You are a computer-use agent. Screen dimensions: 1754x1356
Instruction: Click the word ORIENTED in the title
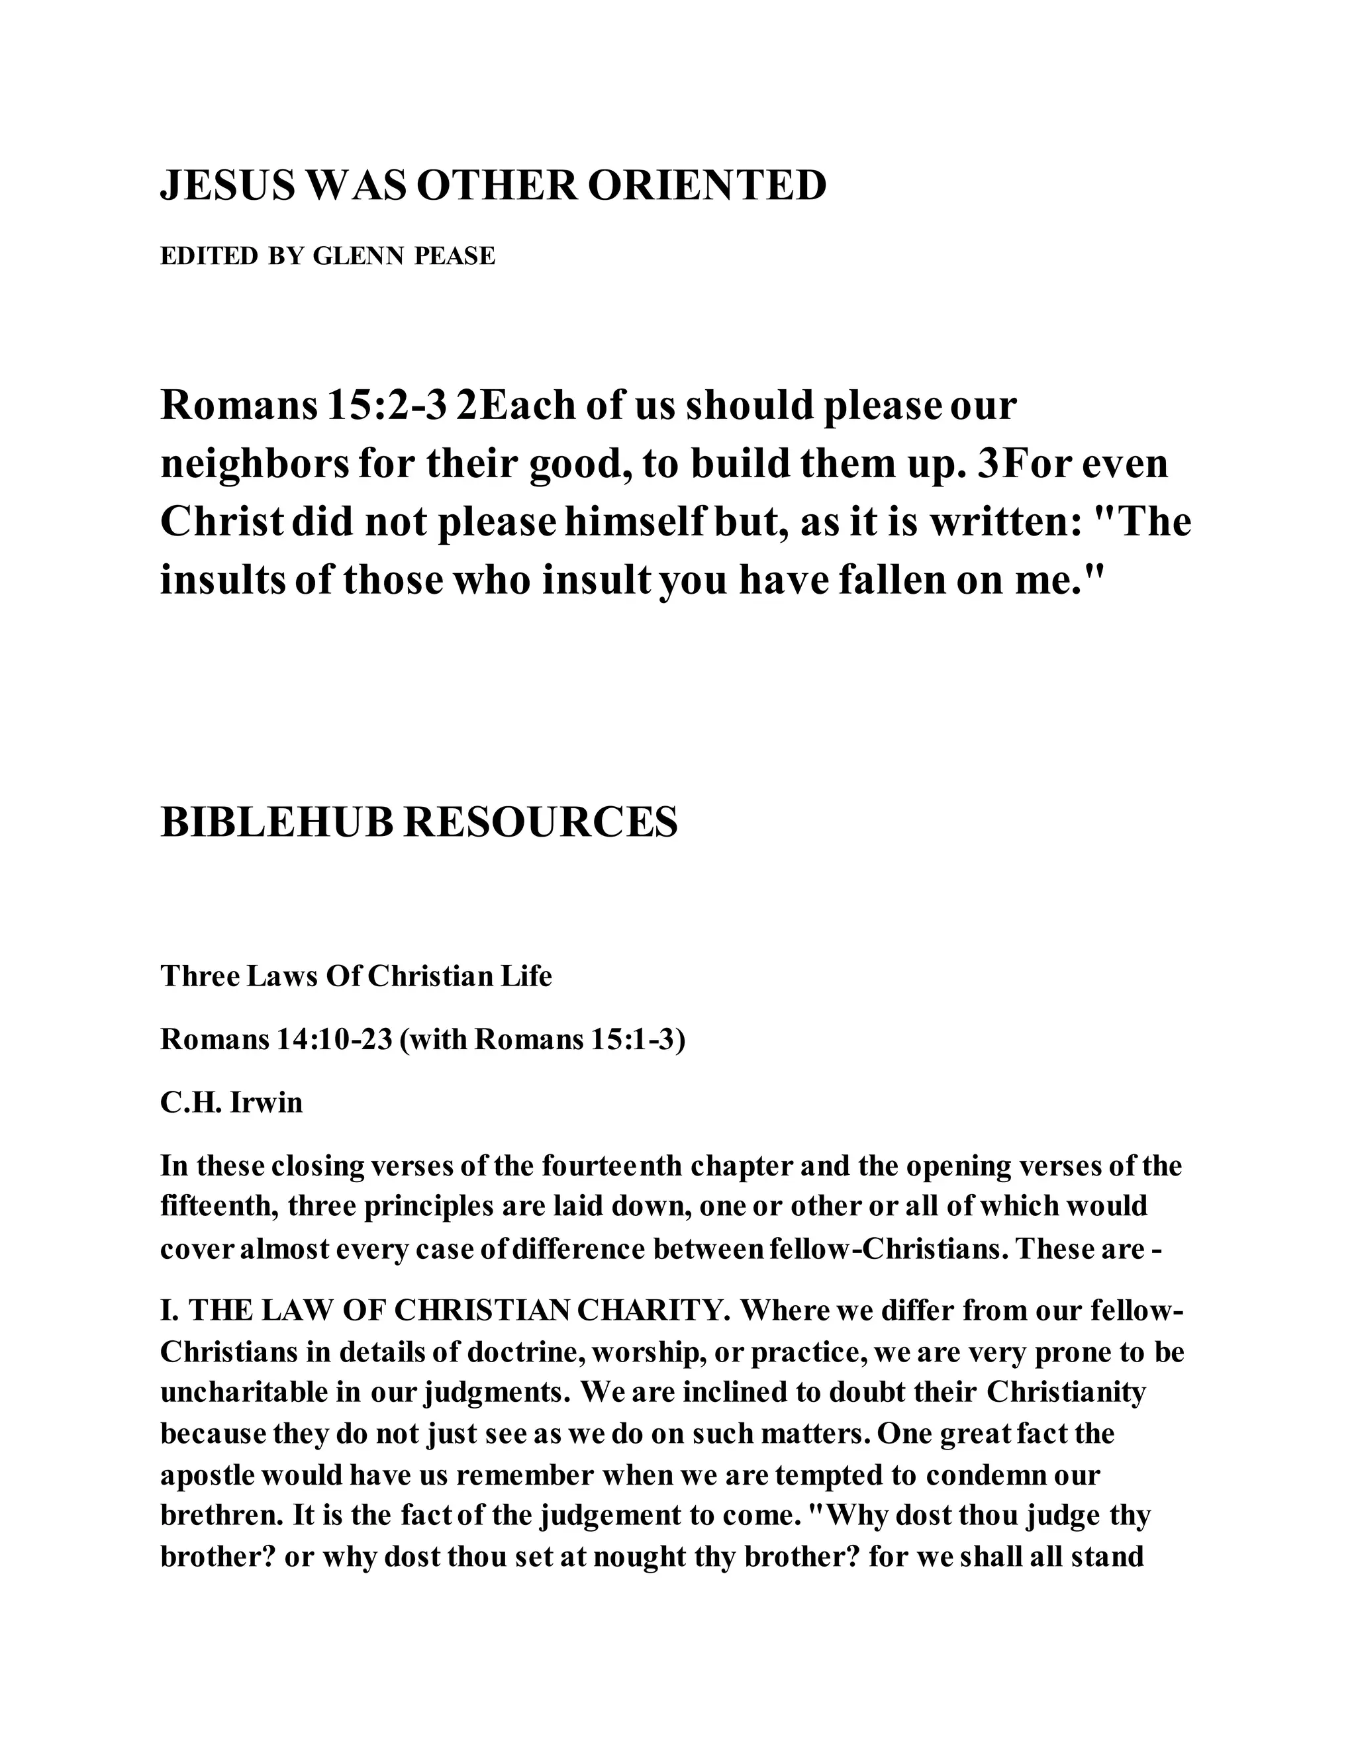pos(707,187)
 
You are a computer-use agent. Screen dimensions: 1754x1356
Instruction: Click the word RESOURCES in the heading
pos(540,823)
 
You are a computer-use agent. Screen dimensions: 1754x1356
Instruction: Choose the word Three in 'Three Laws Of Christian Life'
pos(197,976)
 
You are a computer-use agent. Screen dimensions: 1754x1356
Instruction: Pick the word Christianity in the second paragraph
pos(1065,1392)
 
